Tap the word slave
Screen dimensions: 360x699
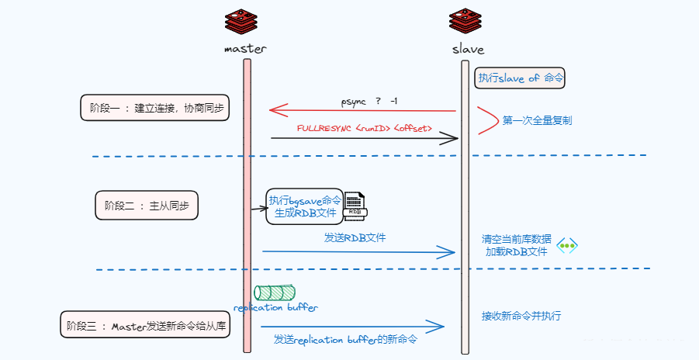coord(468,49)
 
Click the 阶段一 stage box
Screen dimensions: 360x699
coord(156,108)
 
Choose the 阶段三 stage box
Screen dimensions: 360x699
coord(147,325)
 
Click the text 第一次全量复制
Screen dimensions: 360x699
coord(537,121)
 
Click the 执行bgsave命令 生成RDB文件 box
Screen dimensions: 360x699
coord(304,206)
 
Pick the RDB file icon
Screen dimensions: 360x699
coord(355,205)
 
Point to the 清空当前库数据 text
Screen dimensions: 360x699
coord(516,239)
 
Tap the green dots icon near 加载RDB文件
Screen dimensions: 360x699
coord(567,245)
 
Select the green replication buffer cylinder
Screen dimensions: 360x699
coord(275,292)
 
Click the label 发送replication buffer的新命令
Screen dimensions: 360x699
coord(345,339)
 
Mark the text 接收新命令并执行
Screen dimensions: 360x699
coord(521,316)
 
